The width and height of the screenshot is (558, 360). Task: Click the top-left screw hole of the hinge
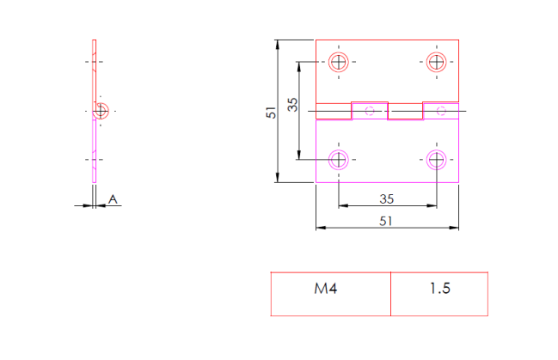click(339, 62)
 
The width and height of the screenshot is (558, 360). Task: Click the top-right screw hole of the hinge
click(437, 62)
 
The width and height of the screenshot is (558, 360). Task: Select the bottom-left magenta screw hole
click(339, 159)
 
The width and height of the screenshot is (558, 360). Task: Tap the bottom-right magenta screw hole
click(437, 159)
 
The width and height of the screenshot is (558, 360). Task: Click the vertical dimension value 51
click(270, 112)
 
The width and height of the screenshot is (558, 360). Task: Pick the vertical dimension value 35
click(292, 105)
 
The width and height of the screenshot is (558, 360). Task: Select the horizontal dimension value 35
click(386, 198)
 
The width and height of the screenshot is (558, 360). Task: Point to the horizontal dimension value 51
click(386, 221)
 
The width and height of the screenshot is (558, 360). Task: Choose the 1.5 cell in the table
click(439, 289)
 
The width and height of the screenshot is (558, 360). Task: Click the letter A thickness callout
click(113, 199)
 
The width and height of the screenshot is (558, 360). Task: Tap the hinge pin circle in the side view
click(101, 110)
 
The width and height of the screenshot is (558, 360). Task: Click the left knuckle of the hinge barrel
click(370, 111)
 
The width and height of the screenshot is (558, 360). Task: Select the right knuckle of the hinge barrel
click(440, 111)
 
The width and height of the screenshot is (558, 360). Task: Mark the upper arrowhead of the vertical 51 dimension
click(278, 44)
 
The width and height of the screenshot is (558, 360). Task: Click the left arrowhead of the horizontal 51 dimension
click(320, 228)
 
